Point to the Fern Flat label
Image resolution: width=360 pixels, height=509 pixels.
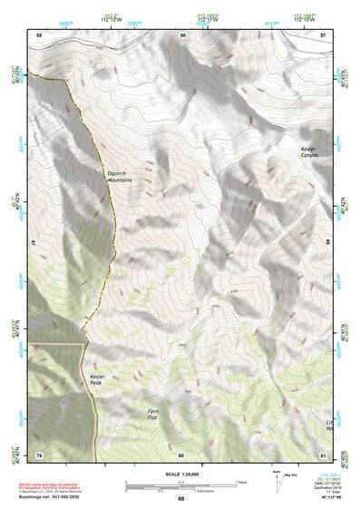pos(159,415)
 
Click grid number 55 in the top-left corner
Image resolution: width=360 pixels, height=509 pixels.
pos(39,34)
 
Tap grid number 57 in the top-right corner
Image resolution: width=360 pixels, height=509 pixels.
pos(324,34)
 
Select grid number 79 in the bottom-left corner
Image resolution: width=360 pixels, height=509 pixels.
pos(39,454)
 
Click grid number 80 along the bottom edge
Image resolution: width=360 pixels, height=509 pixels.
pos(181,454)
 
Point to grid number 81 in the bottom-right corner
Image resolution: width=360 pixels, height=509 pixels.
pos(324,454)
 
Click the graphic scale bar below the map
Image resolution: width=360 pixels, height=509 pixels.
pos(181,487)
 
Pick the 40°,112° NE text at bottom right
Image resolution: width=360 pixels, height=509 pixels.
pos(325,498)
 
